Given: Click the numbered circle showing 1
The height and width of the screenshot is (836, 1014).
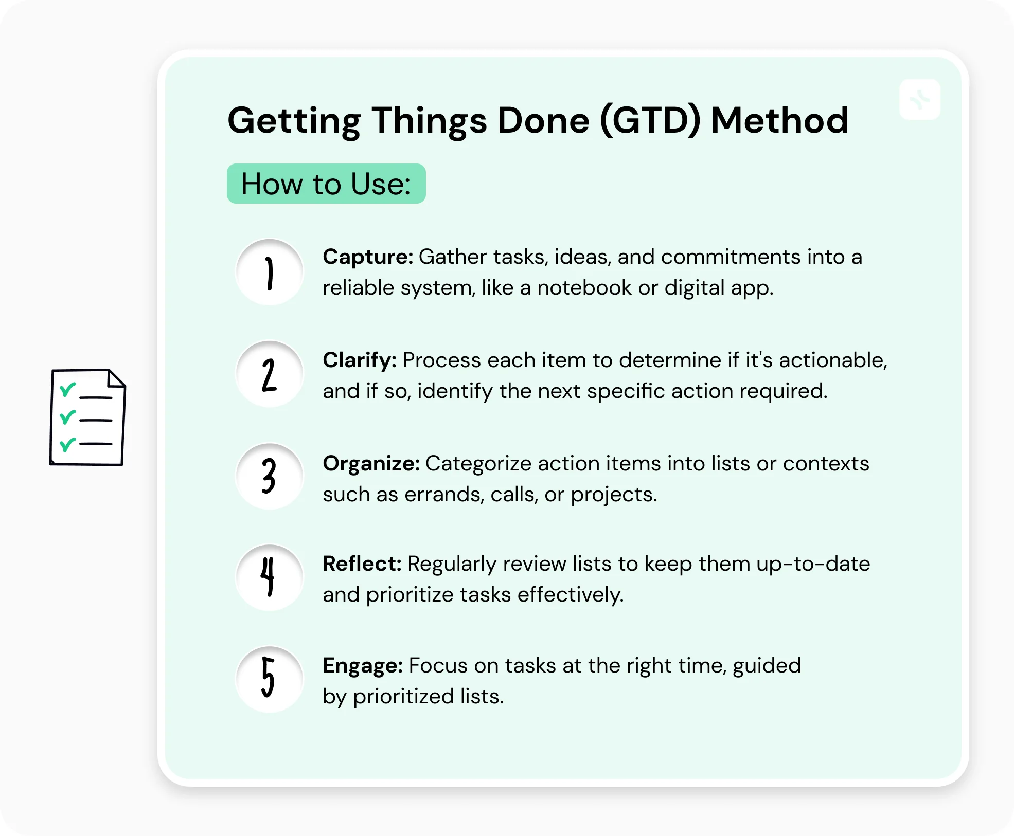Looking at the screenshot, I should [269, 272].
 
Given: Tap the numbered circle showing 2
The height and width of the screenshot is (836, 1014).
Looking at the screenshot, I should [269, 375].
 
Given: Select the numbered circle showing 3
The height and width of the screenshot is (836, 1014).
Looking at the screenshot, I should [269, 477].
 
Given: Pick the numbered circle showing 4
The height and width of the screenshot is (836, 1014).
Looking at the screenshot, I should [269, 578].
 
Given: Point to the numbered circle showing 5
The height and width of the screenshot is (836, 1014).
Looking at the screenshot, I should [269, 679].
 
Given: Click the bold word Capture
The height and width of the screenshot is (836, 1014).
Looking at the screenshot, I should [367, 257].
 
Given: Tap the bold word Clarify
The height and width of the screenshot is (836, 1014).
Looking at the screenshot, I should [359, 360].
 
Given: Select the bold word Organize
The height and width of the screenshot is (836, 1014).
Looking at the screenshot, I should [371, 463].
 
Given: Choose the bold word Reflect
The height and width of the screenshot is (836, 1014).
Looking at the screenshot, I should [362, 564].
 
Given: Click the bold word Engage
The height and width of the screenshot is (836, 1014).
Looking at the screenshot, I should [362, 666].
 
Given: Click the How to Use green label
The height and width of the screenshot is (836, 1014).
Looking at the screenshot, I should [326, 184].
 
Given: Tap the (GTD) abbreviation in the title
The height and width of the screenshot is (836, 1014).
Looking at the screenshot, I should [650, 121].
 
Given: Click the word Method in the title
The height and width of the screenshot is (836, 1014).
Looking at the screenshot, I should [779, 121].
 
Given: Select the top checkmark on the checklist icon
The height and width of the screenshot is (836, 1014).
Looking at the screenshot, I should [67, 390].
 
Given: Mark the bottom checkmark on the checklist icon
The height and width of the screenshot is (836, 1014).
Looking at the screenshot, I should [67, 444].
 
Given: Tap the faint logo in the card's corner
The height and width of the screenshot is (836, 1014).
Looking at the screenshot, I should [919, 99].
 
